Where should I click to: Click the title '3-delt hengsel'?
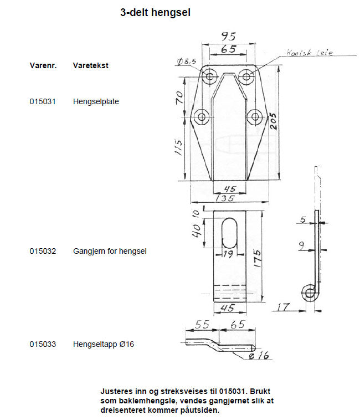click(x=155, y=12)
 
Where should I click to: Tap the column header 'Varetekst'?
click(x=90, y=65)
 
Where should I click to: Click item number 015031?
click(x=43, y=102)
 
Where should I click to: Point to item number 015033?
click(x=43, y=344)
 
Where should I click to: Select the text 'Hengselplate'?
click(x=96, y=102)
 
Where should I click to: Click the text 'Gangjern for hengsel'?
click(x=110, y=251)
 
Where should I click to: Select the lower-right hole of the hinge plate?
click(x=255, y=116)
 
